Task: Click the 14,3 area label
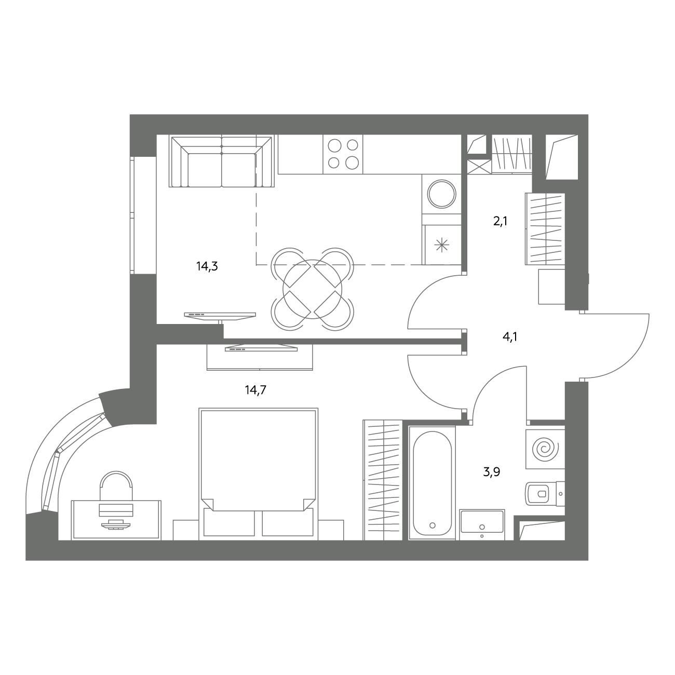pyautogui.click(x=207, y=266)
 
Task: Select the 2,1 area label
pyautogui.click(x=500, y=221)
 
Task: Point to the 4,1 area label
pyautogui.click(x=510, y=337)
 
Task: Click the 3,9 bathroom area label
pyautogui.click(x=491, y=472)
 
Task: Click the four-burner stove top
pyautogui.click(x=343, y=154)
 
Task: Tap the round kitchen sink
pyautogui.click(x=441, y=194)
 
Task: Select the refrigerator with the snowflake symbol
pyautogui.click(x=442, y=245)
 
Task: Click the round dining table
pyautogui.click(x=313, y=289)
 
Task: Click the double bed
pyautogui.click(x=259, y=473)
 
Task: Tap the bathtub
pyautogui.click(x=432, y=483)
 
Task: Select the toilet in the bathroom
pyautogui.click(x=544, y=494)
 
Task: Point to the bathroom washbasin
pyautogui.click(x=482, y=524)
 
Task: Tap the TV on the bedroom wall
pyautogui.click(x=261, y=348)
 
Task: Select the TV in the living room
pyautogui.click(x=220, y=316)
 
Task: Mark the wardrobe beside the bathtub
pyautogui.click(x=383, y=480)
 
